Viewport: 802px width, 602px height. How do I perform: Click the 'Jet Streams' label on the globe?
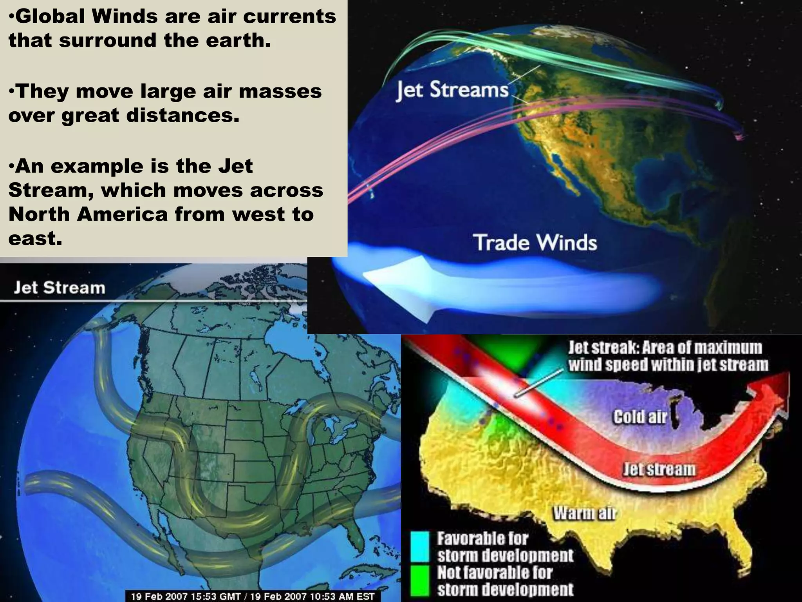(452, 90)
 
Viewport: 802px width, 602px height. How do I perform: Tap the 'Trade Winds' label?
(535, 242)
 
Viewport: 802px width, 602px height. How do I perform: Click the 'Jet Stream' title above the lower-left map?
(60, 288)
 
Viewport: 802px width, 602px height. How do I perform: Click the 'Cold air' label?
(639, 417)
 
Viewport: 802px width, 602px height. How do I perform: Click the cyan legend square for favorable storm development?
(421, 548)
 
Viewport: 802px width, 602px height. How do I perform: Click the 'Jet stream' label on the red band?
(659, 469)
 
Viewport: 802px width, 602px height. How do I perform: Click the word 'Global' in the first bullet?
(49, 17)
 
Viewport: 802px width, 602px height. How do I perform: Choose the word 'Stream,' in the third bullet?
(50, 190)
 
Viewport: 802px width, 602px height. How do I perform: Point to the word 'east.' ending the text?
(35, 238)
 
